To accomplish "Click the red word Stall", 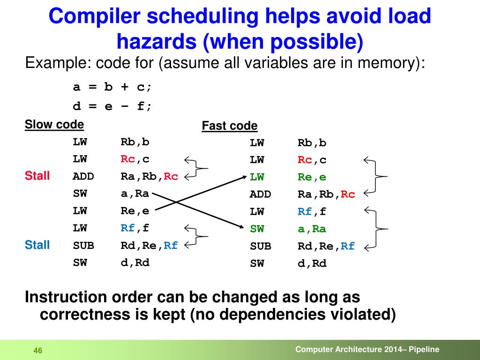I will pyautogui.click(x=37, y=176).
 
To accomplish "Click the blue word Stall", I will pyautogui.click(x=37, y=245).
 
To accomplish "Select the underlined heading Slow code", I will pyautogui.click(x=54, y=125).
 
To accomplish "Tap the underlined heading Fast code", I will pyautogui.click(x=230, y=126).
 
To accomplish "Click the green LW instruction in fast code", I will pyautogui.click(x=257, y=177).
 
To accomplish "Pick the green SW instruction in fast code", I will pyautogui.click(x=257, y=229).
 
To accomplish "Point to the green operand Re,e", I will pyautogui.click(x=312, y=177).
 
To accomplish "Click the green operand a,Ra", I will pyautogui.click(x=312, y=229).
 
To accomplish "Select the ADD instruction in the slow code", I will pyautogui.click(x=83, y=177).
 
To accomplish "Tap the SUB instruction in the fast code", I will pyautogui.click(x=260, y=246).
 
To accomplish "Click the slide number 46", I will pyautogui.click(x=38, y=351).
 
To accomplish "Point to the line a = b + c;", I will pyautogui.click(x=112, y=88).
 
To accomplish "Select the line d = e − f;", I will pyautogui.click(x=112, y=106).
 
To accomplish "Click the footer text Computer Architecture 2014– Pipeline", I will pyautogui.click(x=367, y=349).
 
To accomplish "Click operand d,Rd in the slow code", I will pyautogui.click(x=135, y=262).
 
